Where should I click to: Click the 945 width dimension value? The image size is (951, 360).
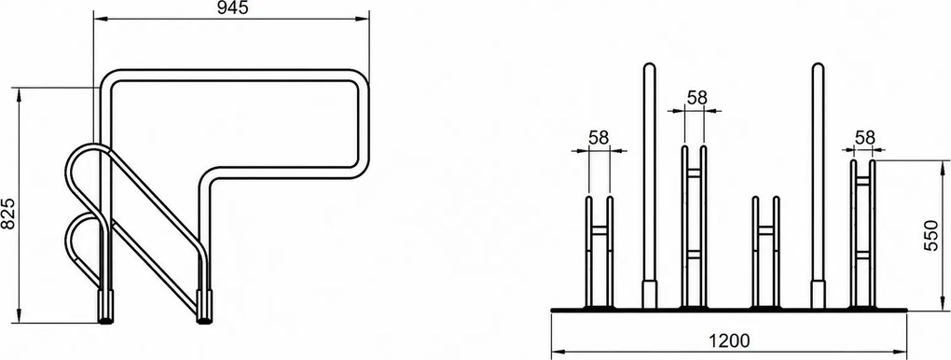click(232, 7)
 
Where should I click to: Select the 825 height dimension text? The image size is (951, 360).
click(7, 214)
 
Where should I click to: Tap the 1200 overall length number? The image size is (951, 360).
click(729, 340)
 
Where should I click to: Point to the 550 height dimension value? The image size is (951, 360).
click(931, 236)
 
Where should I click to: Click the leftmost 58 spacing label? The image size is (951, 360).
click(599, 138)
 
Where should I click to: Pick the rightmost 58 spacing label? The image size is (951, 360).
click(865, 137)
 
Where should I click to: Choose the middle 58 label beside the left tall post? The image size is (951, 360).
click(696, 97)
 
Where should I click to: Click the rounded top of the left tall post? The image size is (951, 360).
click(650, 67)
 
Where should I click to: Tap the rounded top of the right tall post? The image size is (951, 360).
click(818, 67)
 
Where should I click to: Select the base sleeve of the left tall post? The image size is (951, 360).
click(650, 294)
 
